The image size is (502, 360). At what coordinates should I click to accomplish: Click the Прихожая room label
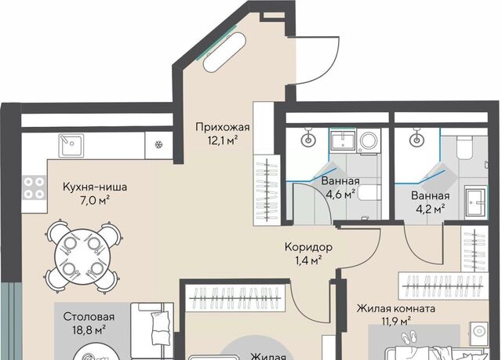tap(223, 127)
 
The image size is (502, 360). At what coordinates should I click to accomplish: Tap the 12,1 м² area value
tap(223, 140)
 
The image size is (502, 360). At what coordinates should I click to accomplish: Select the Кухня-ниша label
tap(95, 187)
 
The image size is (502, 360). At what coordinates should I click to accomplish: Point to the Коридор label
tap(308, 247)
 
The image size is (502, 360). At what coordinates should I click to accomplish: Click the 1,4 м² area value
tap(308, 260)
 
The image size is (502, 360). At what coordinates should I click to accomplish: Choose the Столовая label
tap(89, 317)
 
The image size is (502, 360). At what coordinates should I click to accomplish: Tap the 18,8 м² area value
tap(89, 329)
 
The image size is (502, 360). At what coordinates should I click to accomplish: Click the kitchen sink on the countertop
tap(71, 146)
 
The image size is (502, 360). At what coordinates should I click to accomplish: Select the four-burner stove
tap(35, 187)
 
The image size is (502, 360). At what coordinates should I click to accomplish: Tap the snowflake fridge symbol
tap(158, 144)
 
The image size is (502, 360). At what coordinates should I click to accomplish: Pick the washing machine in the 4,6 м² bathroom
tap(369, 141)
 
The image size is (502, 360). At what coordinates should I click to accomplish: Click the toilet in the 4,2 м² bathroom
tap(465, 147)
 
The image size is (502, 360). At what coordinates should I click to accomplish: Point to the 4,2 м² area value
tap(431, 209)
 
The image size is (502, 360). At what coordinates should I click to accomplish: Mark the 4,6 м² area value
tap(340, 195)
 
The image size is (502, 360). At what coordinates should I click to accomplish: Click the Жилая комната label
tap(396, 309)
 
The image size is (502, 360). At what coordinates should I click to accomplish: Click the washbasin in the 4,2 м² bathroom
tap(476, 202)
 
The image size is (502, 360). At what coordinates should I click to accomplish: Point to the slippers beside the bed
tap(408, 338)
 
